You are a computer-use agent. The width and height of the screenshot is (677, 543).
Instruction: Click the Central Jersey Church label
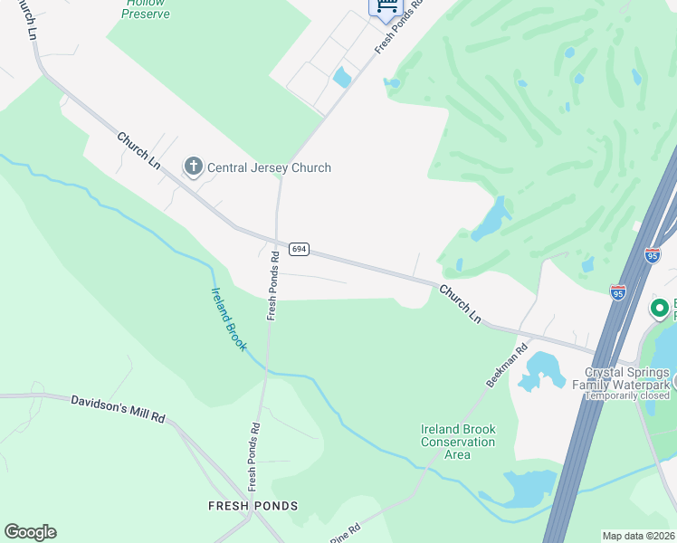(269, 167)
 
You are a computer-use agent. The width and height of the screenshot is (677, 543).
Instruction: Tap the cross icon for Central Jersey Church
(193, 167)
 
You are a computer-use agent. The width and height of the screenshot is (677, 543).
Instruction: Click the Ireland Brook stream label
(228, 319)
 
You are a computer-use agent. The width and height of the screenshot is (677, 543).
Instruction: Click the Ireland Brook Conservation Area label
(458, 442)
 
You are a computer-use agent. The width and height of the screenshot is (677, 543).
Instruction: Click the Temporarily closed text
(627, 395)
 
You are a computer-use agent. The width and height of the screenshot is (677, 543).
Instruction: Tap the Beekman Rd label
(507, 366)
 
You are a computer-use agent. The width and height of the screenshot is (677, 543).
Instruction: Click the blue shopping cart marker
(386, 5)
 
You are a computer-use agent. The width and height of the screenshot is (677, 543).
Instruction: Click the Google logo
(30, 532)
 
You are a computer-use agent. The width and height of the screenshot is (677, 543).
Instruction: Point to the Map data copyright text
(639, 536)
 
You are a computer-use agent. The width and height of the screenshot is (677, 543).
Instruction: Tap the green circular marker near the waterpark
(661, 309)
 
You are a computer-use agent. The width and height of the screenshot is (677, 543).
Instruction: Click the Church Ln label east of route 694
(460, 302)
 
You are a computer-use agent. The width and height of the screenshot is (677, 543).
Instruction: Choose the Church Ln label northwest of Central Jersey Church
(138, 150)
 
